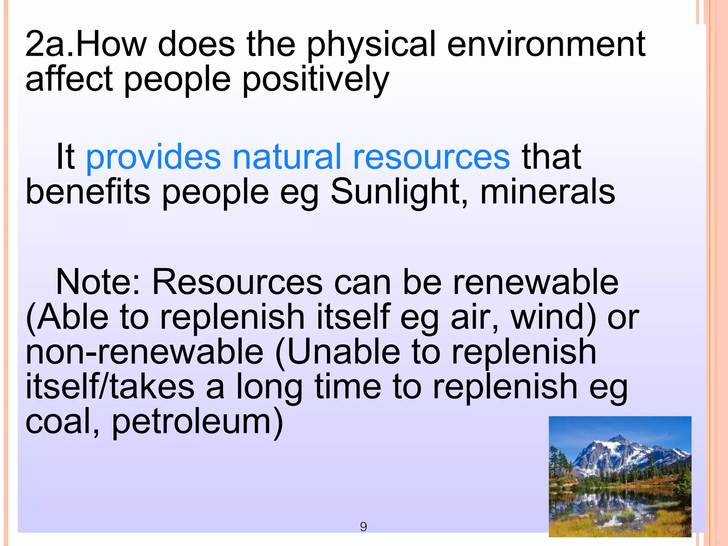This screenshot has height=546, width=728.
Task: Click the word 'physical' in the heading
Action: [x=371, y=44]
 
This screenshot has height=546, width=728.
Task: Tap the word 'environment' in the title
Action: [x=546, y=44]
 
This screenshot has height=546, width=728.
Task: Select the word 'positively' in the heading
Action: [x=316, y=79]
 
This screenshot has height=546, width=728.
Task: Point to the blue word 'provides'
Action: [x=153, y=157]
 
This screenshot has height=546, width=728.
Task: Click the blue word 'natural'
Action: [x=287, y=157]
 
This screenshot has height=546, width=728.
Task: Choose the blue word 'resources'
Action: [x=431, y=157]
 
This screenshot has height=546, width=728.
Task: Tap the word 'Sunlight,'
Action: [x=399, y=192]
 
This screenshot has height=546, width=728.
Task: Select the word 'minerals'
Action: [x=548, y=192]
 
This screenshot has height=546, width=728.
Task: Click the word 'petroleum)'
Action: [x=198, y=422]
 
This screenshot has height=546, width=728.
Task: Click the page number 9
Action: [x=363, y=526]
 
